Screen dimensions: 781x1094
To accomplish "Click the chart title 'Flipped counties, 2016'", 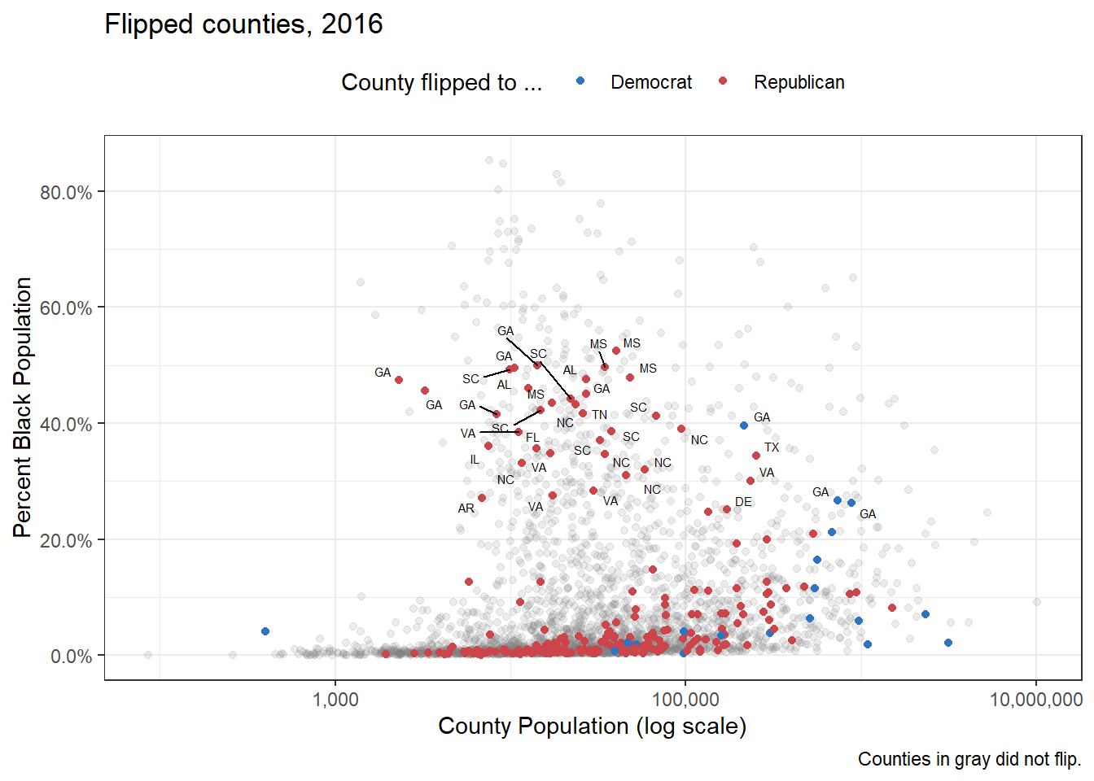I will pos(243,24).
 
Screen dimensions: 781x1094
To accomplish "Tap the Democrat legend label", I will pos(651,82).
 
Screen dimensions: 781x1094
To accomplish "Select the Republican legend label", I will pos(799,82).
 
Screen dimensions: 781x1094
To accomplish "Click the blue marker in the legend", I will pos(580,81).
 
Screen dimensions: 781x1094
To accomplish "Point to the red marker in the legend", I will pos(723,81).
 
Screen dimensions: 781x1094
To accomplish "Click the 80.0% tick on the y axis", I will pos(66,193).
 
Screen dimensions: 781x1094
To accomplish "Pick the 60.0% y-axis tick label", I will pos(66,308).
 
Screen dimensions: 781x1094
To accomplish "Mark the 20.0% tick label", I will pos(66,541).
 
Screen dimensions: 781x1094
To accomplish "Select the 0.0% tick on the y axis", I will pos(71,657).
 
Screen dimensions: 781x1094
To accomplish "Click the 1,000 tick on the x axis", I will pos(335,700).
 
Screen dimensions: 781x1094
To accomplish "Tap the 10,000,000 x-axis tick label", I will pos(1035,700).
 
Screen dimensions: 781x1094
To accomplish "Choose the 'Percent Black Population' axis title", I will pos(23,407).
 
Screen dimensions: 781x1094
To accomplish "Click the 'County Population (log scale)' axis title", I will pos(592,726).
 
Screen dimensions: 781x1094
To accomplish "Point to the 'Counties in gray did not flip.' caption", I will pos(969,759).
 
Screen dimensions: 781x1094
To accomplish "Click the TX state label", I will pos(772,447).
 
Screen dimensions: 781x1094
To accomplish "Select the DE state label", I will pos(743,502).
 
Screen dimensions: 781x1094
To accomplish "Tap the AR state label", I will pos(466,508).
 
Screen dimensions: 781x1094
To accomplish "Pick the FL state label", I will pos(532,438).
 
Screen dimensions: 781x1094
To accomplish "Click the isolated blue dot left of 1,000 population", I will pos(265,631).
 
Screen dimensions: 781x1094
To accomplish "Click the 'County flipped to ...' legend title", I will pos(441,82).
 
